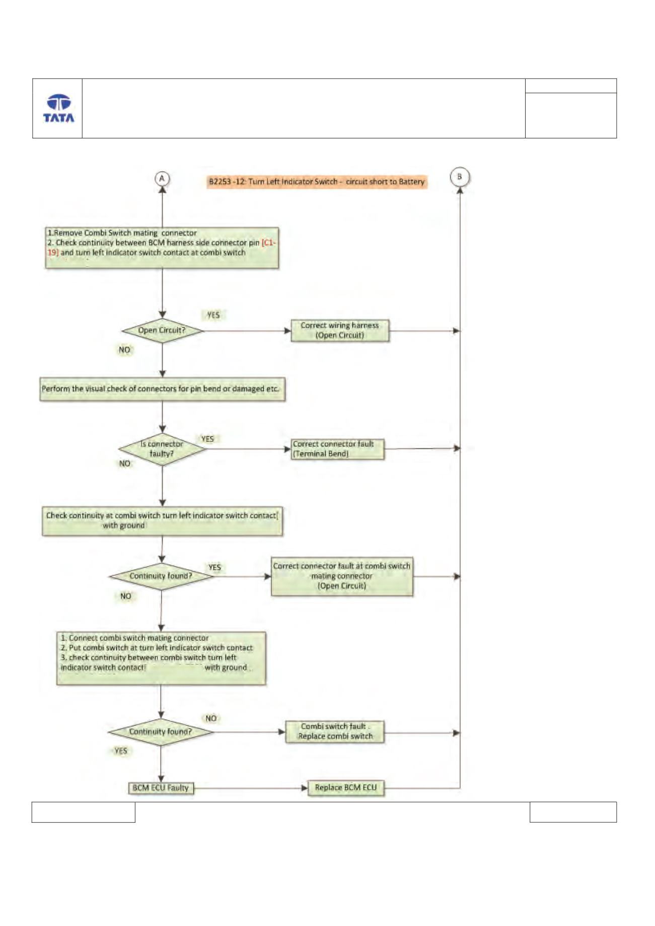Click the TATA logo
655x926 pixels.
(58, 108)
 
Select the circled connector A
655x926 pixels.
(162, 179)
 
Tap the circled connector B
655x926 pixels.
(459, 177)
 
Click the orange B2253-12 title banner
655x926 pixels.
(317, 182)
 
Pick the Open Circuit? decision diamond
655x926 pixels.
(162, 331)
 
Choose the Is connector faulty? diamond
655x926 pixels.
(162, 449)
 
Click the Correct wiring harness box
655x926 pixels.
(340, 331)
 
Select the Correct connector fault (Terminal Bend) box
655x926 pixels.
(338, 449)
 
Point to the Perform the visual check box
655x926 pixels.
(162, 389)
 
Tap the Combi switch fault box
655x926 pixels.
(335, 732)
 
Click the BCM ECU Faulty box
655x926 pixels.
(161, 788)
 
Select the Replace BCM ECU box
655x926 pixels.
(346, 788)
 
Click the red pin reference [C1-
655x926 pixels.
(269, 243)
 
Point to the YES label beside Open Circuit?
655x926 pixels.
(213, 315)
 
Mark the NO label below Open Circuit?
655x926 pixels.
(124, 350)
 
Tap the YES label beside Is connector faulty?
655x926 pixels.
(207, 439)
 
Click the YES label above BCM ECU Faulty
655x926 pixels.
(121, 751)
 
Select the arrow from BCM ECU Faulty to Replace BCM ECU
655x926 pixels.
(251, 788)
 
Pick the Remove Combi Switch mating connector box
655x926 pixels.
(162, 248)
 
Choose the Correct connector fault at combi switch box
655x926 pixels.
(342, 576)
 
